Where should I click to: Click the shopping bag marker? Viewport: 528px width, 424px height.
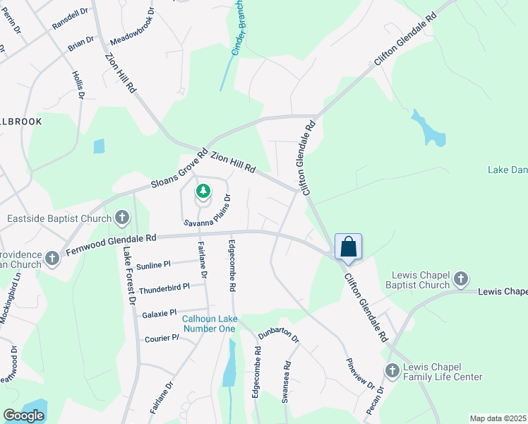tap(349, 247)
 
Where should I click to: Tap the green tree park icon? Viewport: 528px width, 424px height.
tap(203, 191)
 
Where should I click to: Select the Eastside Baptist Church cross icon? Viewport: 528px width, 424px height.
tap(122, 218)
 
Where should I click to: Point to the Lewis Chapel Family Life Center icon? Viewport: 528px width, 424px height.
tap(392, 370)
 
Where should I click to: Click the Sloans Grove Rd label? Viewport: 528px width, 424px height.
tap(179, 169)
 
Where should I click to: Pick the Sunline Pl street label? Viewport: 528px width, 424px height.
tap(153, 265)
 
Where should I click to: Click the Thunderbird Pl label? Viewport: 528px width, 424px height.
tap(164, 288)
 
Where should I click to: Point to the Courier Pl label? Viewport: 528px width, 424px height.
tap(161, 338)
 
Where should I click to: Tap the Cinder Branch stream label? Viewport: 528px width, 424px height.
tap(241, 33)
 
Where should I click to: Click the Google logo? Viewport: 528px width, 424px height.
tap(23, 416)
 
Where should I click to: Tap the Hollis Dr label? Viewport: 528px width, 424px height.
tap(78, 84)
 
